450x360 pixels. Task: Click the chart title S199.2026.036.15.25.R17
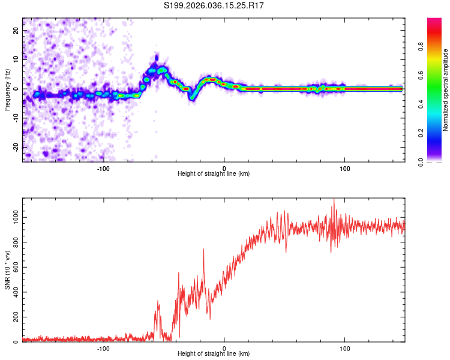point(214,6)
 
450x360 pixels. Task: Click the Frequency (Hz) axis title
point(7,89)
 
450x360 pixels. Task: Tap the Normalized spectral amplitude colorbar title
point(446,90)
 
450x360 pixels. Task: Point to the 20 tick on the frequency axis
point(17,30)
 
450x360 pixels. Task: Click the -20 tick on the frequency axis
point(16,147)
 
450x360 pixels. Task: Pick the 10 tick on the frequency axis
point(17,59)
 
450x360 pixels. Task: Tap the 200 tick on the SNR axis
point(15,316)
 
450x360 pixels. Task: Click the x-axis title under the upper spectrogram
point(214,174)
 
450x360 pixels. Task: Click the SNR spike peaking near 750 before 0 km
point(203,250)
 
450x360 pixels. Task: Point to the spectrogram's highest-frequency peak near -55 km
point(157,57)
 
